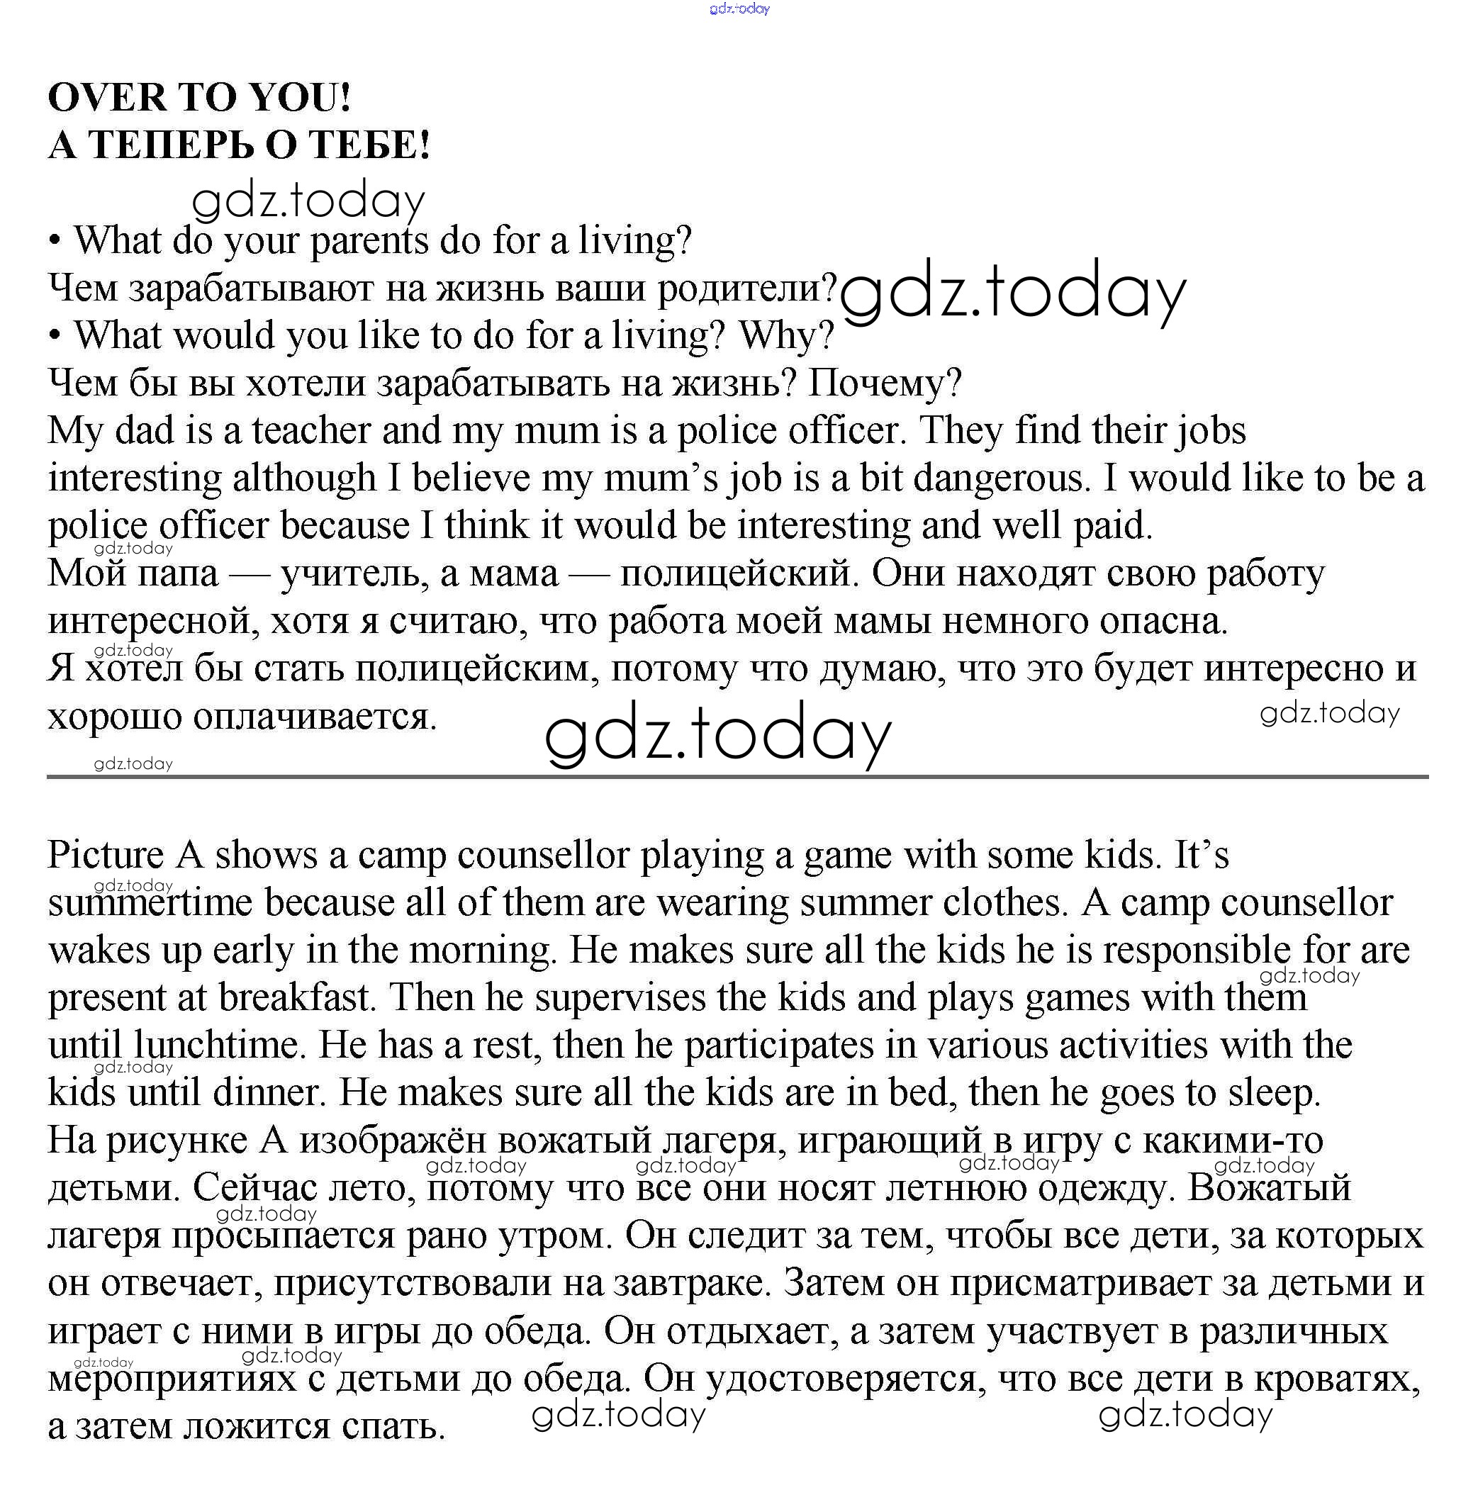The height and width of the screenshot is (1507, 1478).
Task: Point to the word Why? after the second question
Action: point(785,336)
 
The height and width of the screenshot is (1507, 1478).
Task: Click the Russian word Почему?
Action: point(884,383)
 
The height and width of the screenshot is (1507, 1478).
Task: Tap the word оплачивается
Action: point(315,717)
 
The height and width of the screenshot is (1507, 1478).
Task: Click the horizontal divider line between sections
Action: point(737,775)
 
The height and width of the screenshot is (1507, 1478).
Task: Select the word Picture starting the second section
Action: point(106,856)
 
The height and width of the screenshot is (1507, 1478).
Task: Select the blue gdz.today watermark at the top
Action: point(739,9)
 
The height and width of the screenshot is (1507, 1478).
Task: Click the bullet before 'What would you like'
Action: point(55,336)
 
